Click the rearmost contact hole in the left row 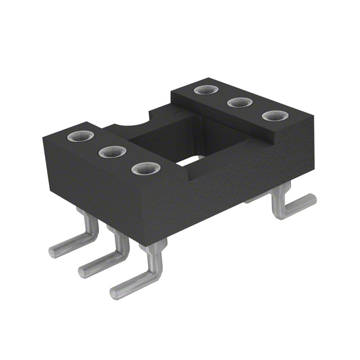coord(77,137)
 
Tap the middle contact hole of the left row coord(111,152)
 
